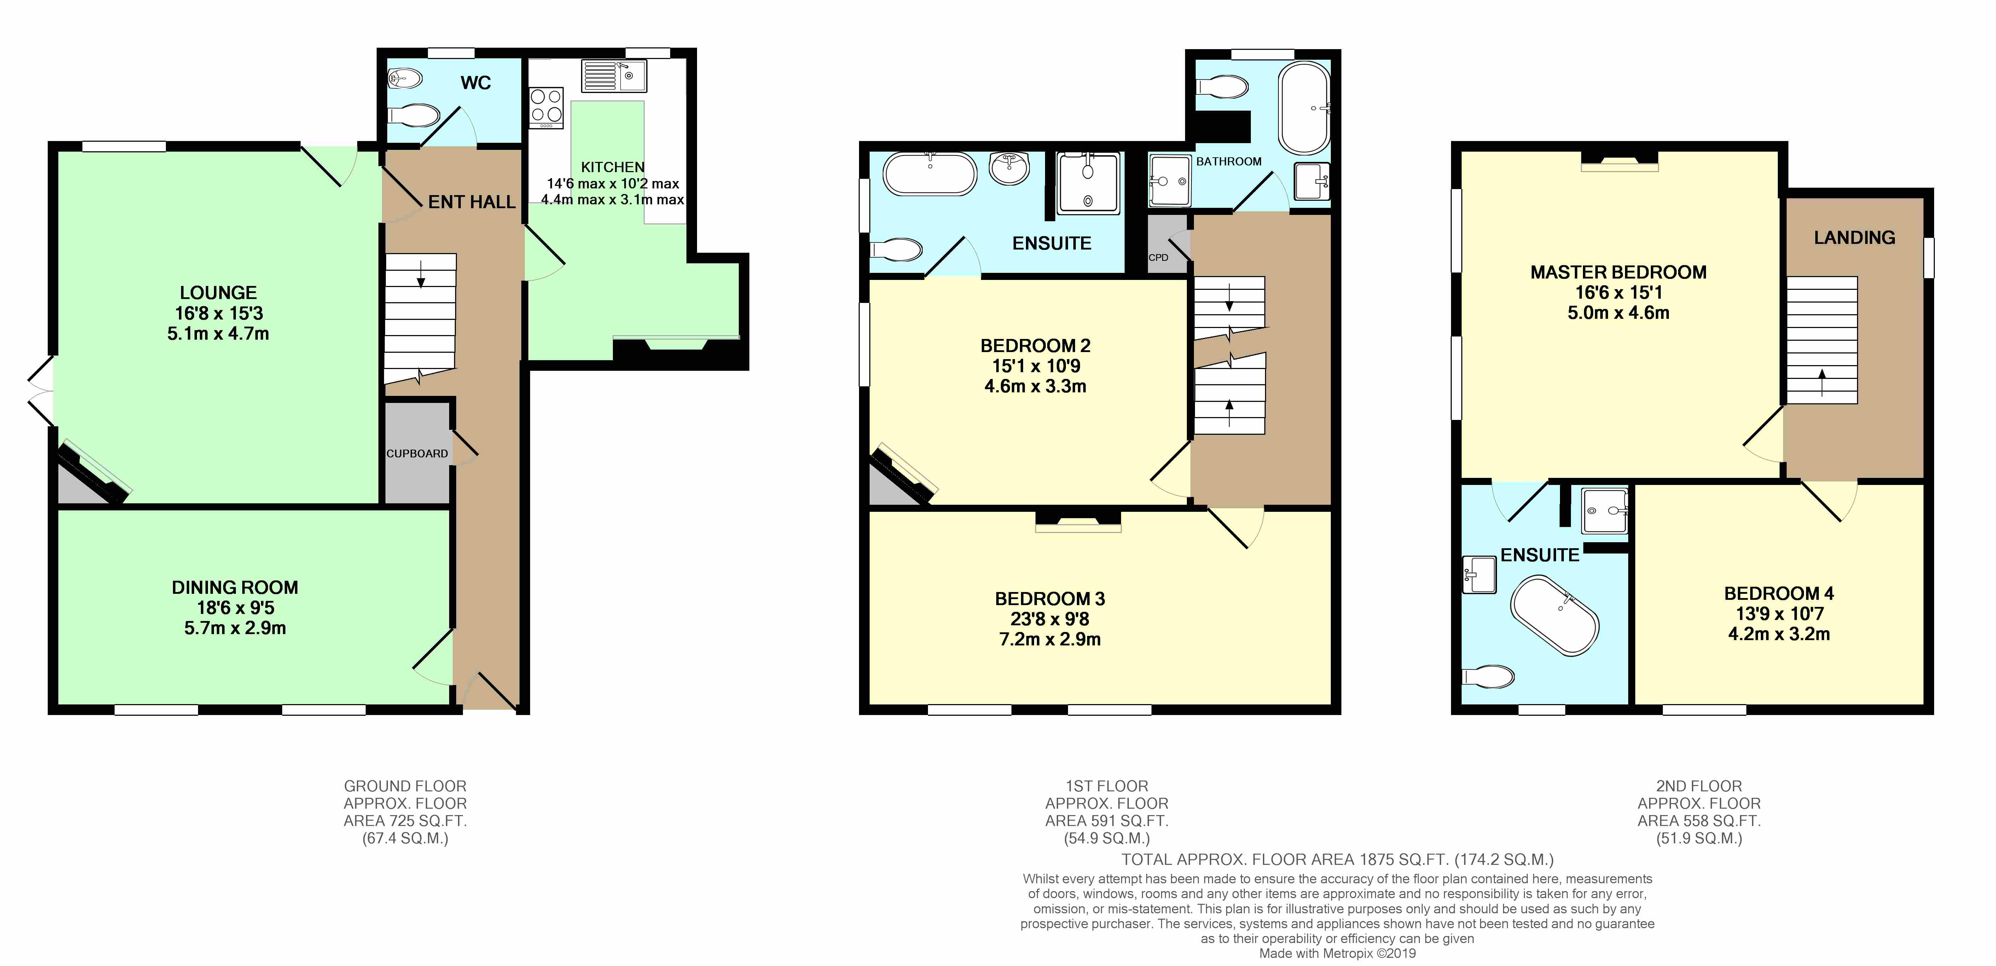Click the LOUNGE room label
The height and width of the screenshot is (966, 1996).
(219, 293)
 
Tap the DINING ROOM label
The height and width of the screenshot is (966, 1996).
(235, 587)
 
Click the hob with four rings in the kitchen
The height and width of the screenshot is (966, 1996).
(546, 108)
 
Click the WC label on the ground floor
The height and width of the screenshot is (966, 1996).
(476, 83)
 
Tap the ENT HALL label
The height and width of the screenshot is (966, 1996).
(472, 202)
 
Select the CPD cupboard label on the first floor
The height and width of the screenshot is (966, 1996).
(1159, 257)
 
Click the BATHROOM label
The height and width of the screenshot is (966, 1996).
(1229, 161)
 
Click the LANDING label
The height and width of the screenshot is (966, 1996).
(1854, 238)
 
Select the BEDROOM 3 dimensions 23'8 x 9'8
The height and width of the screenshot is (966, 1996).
(1050, 619)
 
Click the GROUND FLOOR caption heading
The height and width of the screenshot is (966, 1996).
(405, 785)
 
